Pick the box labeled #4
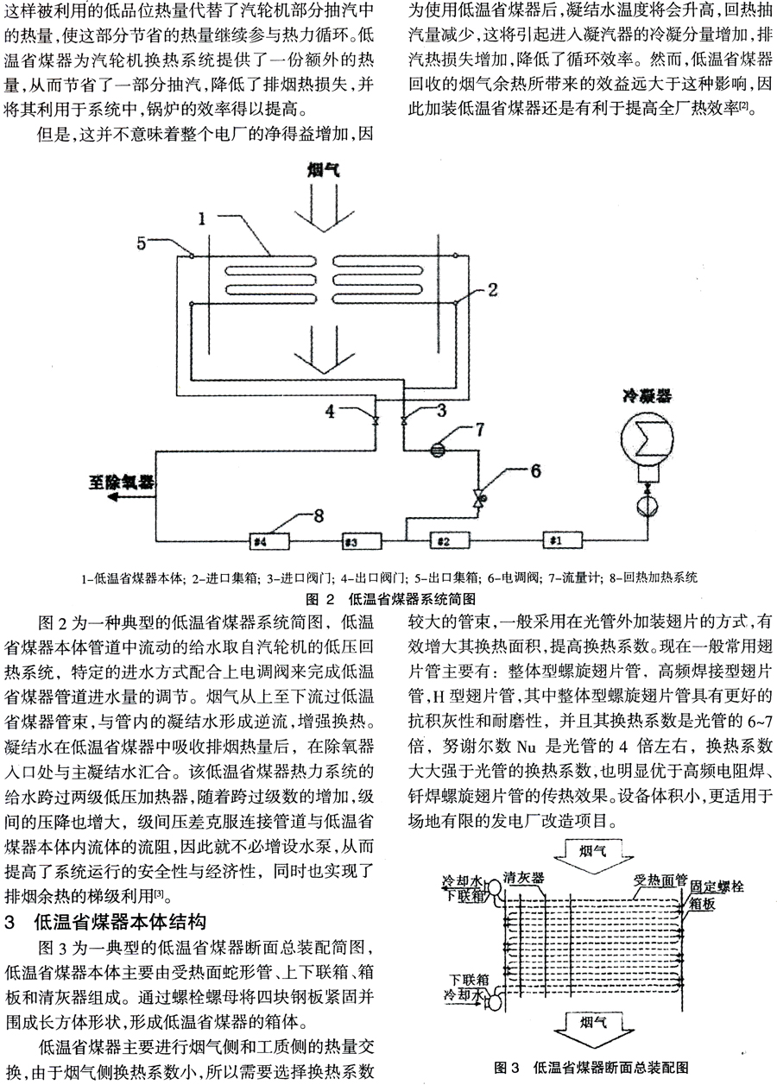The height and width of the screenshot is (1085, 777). tap(259, 542)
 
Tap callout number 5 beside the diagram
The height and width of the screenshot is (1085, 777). tap(142, 242)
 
